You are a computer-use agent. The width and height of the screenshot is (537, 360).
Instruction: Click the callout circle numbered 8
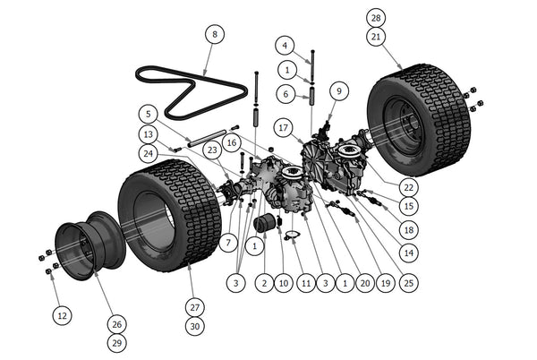[213, 35]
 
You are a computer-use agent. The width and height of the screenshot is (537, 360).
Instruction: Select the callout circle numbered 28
[376, 17]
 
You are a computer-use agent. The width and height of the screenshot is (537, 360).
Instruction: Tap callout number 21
[376, 36]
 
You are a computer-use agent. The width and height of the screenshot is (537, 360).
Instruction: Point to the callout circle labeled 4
[284, 45]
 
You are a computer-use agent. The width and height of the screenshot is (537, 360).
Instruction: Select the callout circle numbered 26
[116, 323]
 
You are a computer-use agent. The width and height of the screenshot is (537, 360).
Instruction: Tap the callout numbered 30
[194, 327]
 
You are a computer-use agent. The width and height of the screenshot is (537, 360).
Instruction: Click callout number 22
[408, 187]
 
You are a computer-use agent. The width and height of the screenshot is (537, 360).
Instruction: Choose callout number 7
[227, 242]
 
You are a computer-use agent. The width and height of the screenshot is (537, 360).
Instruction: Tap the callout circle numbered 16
[231, 141]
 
